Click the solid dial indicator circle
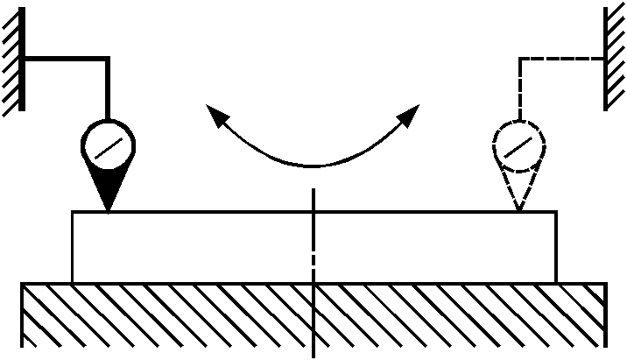tap(108, 145)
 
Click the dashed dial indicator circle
tap(519, 145)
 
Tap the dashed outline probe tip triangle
tap(519, 189)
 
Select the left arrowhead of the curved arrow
tap(214, 111)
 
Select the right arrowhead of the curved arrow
tap(411, 112)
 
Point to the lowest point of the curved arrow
tap(313, 165)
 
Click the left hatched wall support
tap(11, 60)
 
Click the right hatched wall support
tap(616, 60)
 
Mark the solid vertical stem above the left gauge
tap(108, 88)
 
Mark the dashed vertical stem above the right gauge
tap(520, 88)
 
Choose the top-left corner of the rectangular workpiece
tap(73, 212)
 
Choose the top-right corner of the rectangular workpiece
tap(555, 212)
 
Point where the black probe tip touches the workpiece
tap(108, 211)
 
